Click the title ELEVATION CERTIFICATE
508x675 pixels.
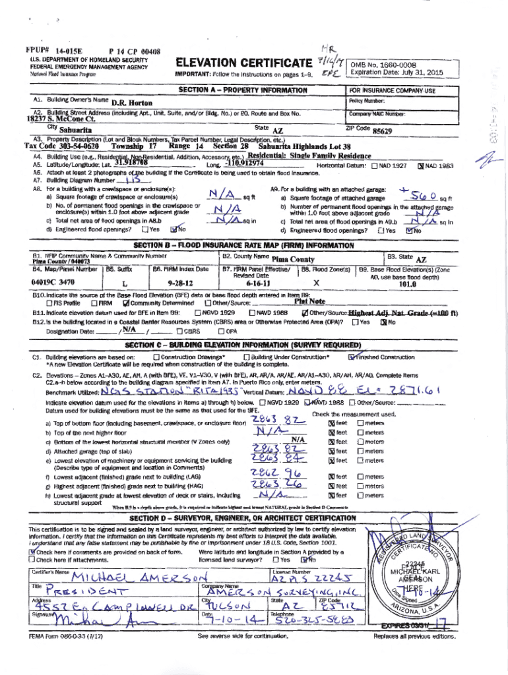pyautogui.click(x=243, y=63)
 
